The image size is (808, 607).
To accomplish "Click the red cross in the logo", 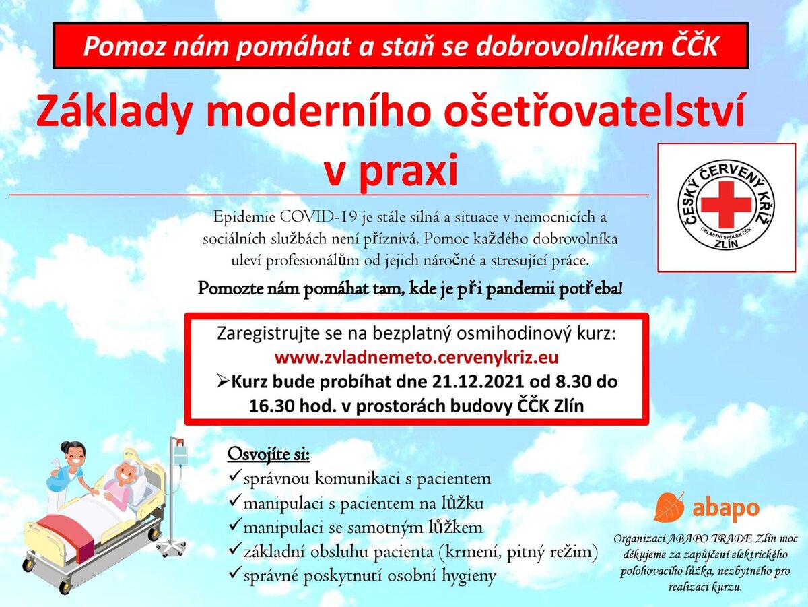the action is (x=726, y=204).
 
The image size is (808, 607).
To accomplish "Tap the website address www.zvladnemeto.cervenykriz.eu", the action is (x=416, y=358).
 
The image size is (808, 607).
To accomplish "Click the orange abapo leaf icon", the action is (x=669, y=507).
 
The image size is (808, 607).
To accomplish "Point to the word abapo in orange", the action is (x=726, y=509).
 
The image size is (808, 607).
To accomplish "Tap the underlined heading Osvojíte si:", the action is (x=269, y=454).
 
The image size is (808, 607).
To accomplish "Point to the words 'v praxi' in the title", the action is (x=391, y=170).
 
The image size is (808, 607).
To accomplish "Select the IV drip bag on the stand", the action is (x=180, y=454).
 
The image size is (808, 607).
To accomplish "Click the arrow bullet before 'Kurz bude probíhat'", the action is (x=223, y=382).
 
